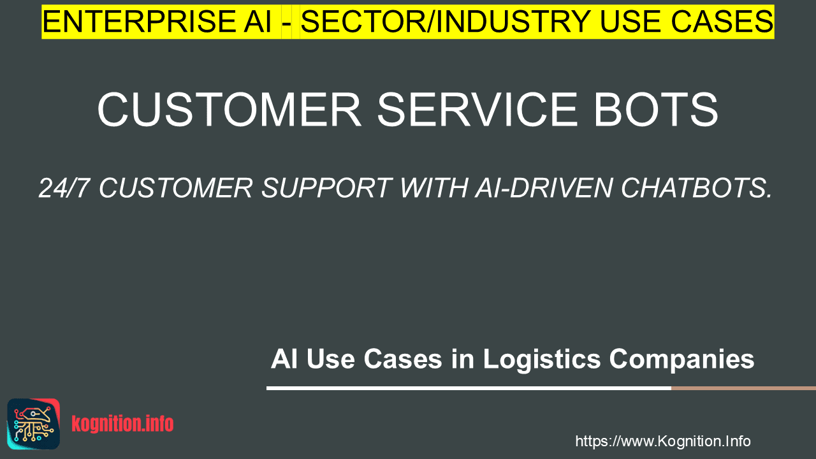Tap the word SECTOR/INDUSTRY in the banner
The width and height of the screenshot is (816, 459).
(446, 22)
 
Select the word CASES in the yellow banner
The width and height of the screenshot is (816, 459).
(722, 22)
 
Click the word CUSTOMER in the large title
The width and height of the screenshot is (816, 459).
(229, 110)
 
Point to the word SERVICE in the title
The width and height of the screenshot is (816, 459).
(477, 110)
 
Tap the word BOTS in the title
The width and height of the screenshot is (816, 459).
(656, 110)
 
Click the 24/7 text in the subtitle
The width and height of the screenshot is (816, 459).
(64, 188)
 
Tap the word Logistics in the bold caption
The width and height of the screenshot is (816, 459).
(542, 360)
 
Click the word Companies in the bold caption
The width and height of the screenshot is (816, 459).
(681, 360)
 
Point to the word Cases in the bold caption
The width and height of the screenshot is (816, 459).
(403, 359)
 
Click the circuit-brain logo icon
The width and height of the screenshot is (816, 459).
(34, 424)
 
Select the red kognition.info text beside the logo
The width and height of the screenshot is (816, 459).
(122, 424)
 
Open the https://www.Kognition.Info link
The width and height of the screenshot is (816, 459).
(663, 441)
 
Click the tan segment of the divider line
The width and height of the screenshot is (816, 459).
(743, 388)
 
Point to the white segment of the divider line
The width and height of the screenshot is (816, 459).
(469, 388)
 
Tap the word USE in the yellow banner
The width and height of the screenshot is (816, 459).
(631, 22)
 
